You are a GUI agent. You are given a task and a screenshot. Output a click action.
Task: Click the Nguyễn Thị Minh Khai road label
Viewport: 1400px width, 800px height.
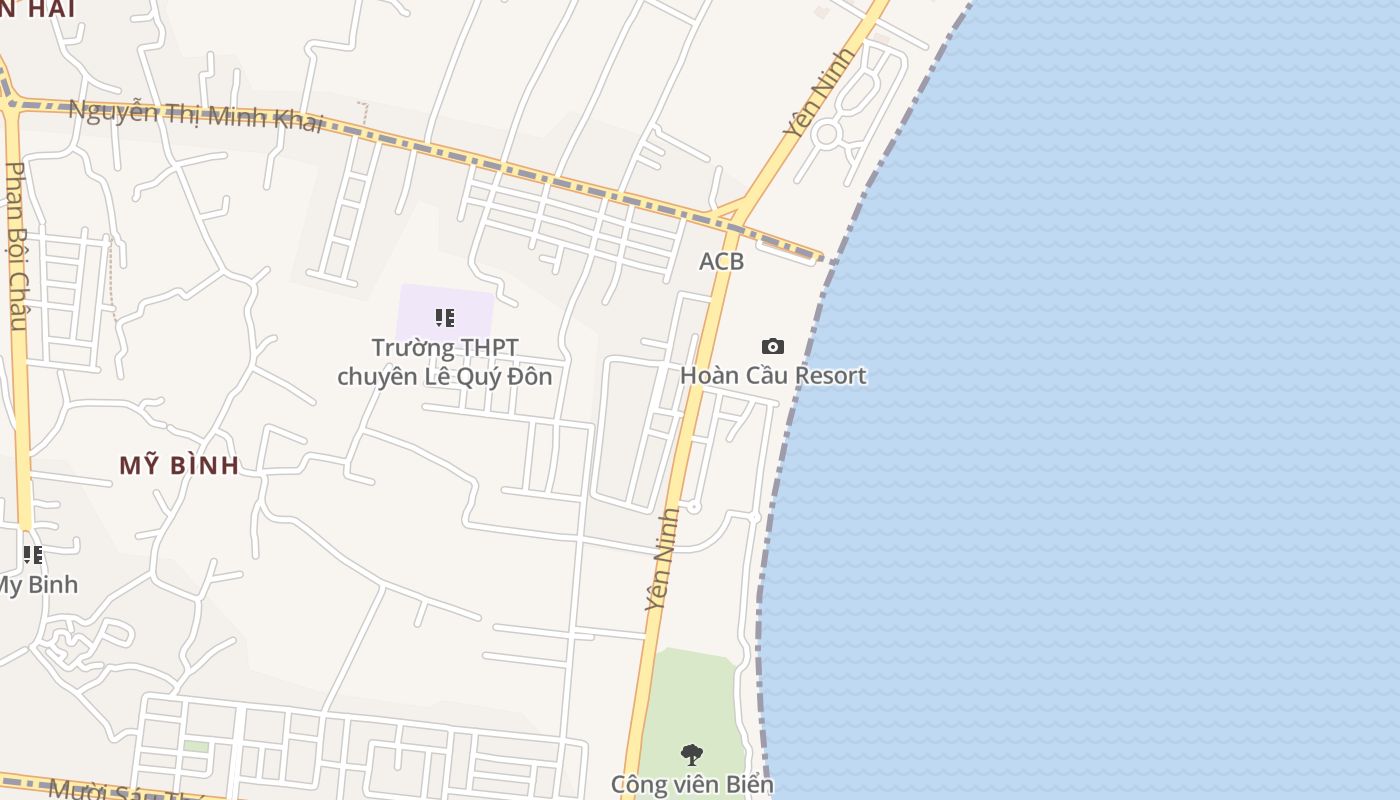(196, 114)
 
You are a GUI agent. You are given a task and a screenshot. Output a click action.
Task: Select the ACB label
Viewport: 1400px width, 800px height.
(721, 261)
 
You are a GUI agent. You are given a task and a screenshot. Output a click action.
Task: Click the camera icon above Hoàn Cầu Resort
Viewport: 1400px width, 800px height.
(772, 346)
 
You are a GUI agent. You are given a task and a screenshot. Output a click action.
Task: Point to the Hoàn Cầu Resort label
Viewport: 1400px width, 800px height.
(773, 375)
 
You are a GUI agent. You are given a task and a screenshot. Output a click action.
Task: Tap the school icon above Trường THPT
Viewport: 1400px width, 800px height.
(445, 318)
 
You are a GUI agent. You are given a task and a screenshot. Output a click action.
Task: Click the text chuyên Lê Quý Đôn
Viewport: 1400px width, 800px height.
(445, 376)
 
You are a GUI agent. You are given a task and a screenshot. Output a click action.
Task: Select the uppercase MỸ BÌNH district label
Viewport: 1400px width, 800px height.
(180, 465)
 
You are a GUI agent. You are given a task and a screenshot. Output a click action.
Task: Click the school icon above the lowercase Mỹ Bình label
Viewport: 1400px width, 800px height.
(33, 554)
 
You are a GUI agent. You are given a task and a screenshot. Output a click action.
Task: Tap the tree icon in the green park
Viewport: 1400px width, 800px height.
(691, 755)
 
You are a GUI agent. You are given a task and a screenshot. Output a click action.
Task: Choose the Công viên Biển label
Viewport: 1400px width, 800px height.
(692, 784)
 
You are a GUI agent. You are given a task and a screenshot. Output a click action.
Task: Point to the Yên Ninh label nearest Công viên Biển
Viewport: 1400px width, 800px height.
(662, 560)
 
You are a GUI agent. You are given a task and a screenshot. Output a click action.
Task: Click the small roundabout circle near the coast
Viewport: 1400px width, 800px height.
(826, 134)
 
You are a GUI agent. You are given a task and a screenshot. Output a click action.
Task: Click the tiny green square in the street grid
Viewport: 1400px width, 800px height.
(196, 746)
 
